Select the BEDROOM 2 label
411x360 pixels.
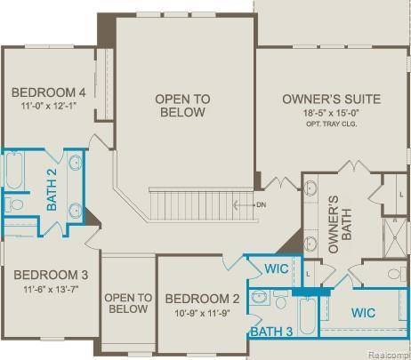[x=202, y=299]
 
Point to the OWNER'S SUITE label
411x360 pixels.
[x=332, y=99]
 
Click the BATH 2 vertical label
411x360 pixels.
[x=52, y=189]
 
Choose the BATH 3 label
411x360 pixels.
[x=271, y=332]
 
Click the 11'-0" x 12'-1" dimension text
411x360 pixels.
[x=49, y=108]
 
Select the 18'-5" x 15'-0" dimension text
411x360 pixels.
[x=332, y=113]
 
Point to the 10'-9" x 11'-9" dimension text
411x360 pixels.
[x=202, y=313]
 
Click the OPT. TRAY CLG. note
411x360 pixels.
[x=332, y=124]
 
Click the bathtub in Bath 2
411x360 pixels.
[x=15, y=171]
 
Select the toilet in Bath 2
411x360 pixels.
[x=14, y=204]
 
